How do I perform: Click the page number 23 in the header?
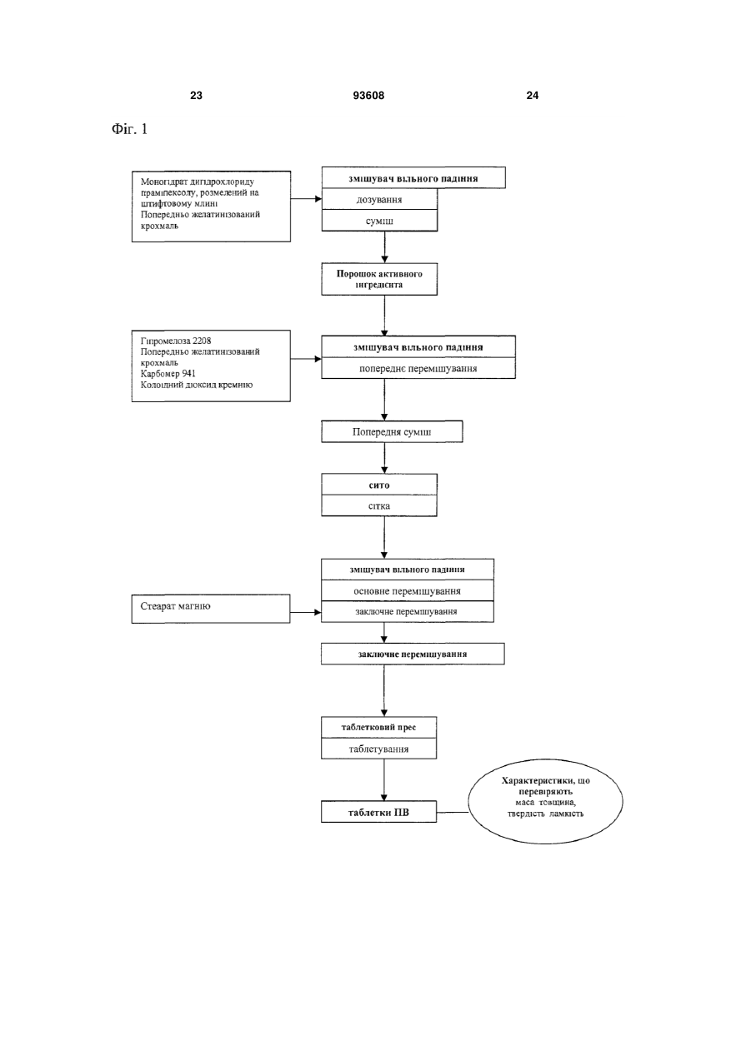tap(196, 96)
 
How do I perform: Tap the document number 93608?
tap(368, 96)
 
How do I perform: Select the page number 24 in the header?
tap(533, 96)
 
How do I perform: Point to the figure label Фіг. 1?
tap(129, 129)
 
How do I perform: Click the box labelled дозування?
tap(379, 199)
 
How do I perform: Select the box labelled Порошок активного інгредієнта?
tap(379, 279)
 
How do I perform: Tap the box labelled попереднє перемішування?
tap(418, 368)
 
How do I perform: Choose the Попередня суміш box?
tap(393, 431)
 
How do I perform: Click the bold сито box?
tap(379, 485)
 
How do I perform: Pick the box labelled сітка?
tap(379, 506)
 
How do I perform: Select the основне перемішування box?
tap(408, 590)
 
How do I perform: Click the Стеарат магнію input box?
tap(211, 609)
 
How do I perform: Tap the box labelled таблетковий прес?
tap(379, 727)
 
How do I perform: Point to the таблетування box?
tap(379, 749)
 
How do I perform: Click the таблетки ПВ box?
tap(379, 812)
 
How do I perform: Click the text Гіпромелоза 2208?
tap(176, 341)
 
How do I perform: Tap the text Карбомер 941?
tap(168, 374)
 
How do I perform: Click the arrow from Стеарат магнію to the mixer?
tap(306, 612)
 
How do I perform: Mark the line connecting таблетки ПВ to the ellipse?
tap(453, 812)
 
